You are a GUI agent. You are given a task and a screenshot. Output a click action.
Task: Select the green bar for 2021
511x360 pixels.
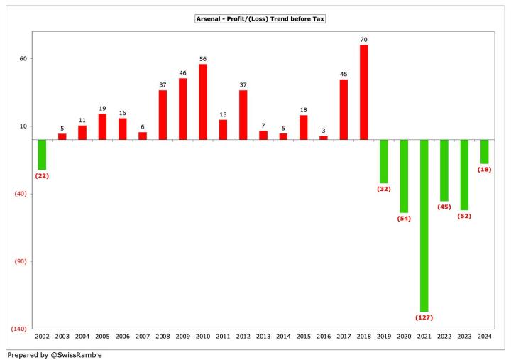tap(424, 225)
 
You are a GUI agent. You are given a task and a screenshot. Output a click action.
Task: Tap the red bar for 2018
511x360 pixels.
tap(364, 92)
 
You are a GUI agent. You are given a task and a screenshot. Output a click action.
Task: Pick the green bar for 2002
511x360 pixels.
tap(42, 154)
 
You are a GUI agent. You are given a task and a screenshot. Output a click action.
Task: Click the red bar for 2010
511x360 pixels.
tap(203, 102)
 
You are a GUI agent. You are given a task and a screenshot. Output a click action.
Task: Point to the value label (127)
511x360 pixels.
tap(424, 317)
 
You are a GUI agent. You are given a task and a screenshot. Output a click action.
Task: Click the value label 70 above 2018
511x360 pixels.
tap(364, 40)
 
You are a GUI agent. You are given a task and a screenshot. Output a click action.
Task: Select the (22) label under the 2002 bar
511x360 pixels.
tap(42, 175)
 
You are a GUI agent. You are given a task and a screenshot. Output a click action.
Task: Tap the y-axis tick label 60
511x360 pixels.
tap(23, 59)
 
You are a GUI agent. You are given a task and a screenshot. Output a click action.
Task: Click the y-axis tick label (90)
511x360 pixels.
tap(21, 261)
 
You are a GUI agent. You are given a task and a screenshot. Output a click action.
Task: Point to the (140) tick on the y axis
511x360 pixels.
tap(20, 329)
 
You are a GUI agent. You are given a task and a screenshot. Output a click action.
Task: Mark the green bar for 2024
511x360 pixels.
tap(485, 152)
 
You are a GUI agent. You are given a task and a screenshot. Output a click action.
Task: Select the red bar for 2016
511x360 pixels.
tap(324, 138)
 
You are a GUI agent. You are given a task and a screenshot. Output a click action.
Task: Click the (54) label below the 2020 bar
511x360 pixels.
tap(405, 218)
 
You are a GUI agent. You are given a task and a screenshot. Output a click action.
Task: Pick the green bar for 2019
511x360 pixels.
tap(384, 161)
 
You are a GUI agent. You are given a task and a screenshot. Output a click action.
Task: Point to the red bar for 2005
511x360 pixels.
tap(102, 126)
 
